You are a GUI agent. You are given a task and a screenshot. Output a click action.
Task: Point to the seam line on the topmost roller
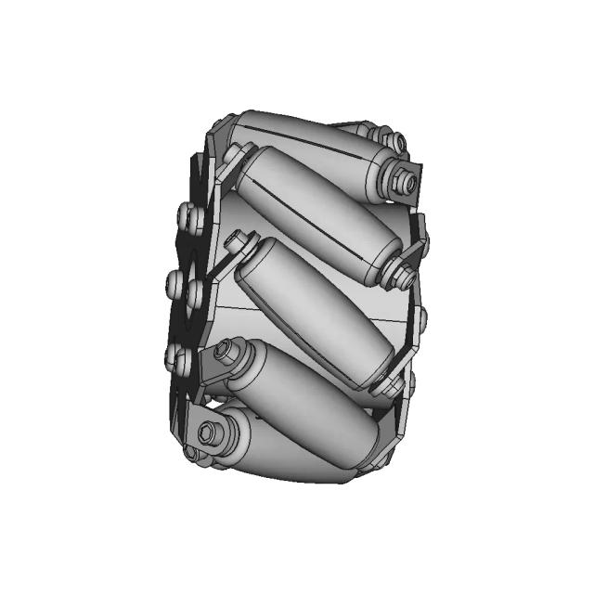point(297,125)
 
